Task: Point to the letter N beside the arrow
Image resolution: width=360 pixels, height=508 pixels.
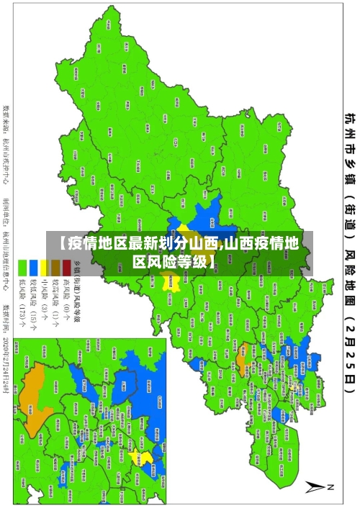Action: pyautogui.click(x=332, y=487)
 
